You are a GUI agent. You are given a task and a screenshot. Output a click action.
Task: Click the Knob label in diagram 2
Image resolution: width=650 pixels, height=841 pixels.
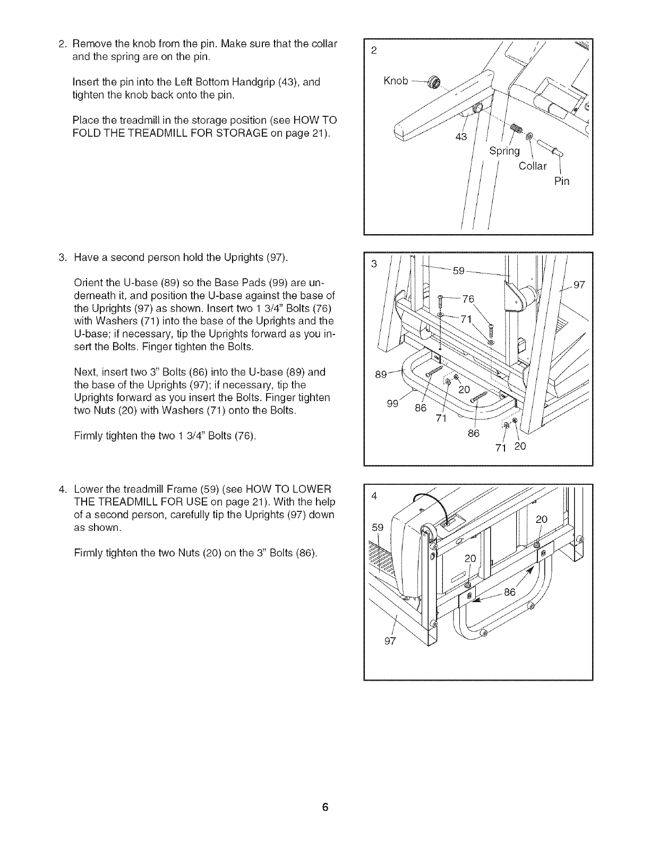[395, 80]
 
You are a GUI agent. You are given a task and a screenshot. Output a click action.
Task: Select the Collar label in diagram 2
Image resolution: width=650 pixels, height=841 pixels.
[532, 166]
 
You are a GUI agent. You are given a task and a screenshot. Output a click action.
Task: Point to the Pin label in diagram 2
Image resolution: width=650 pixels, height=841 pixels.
[561, 182]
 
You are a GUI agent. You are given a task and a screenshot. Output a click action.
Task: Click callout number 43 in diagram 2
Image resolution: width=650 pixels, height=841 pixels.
[461, 137]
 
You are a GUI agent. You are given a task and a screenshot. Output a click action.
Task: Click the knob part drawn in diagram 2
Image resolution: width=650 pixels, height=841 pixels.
[437, 82]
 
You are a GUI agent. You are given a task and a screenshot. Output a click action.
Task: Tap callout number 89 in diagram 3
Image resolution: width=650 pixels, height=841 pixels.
[381, 374]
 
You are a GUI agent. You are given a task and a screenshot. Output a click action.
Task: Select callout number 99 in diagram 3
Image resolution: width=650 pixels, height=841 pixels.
[392, 403]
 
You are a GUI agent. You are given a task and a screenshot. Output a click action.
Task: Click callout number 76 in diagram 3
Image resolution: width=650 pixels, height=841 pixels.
[467, 298]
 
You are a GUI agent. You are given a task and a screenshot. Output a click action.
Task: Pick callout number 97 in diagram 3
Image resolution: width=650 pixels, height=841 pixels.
[579, 285]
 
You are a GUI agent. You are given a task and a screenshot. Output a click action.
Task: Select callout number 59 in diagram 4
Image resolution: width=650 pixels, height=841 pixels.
[377, 528]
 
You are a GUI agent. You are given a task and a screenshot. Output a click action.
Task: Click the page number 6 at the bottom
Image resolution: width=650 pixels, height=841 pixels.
[326, 808]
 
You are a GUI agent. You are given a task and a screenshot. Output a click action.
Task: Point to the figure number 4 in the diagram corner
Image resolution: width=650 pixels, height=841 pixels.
[374, 496]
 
